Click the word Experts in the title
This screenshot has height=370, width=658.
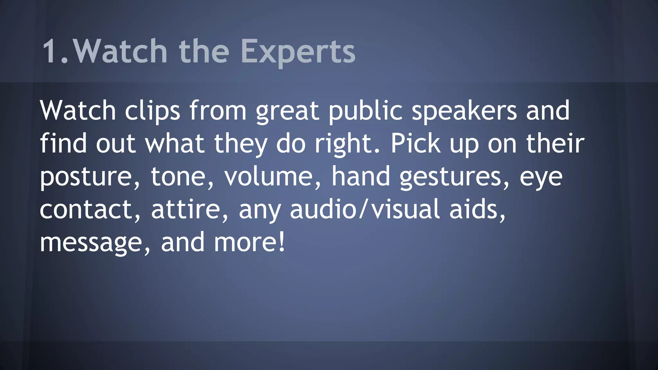(x=298, y=51)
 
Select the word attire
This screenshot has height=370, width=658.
(x=188, y=209)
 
